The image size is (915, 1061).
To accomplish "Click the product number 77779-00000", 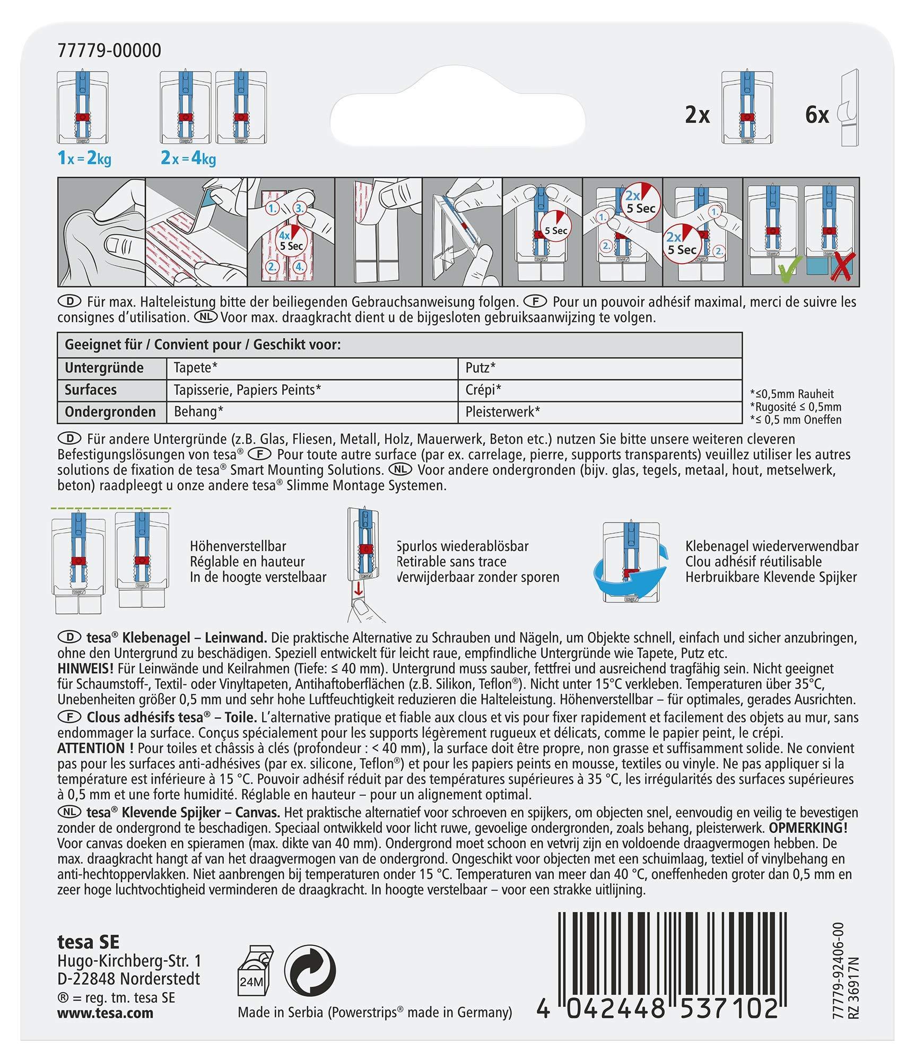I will pos(109,51).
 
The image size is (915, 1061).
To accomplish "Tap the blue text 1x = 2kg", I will pos(84,158).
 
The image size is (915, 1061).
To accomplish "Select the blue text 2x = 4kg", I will pos(188,158).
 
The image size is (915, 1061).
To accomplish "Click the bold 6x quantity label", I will pos(816,115).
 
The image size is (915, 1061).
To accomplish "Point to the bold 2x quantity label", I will pos(697,115).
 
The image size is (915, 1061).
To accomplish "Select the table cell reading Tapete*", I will pos(196,368).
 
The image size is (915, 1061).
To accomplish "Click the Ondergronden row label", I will pos(110,412).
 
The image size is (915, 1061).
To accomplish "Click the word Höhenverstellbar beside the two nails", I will pos(238,546).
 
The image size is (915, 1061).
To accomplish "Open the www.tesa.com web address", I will pos(105,1013).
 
